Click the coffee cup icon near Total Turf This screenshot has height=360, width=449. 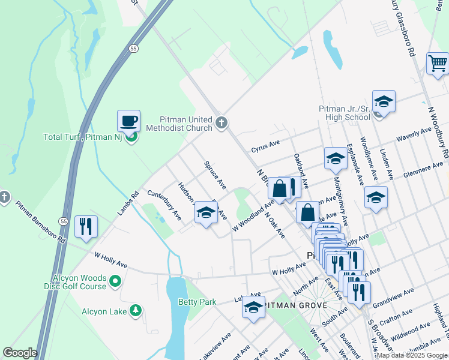(x=128, y=121)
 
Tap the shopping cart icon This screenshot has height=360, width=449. (x=438, y=63)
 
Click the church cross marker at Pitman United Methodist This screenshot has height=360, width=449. (x=221, y=124)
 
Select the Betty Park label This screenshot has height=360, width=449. (x=196, y=302)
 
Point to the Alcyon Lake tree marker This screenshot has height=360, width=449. (x=137, y=310)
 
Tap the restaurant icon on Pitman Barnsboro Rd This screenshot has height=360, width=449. (x=86, y=226)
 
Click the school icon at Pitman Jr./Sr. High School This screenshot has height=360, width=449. (x=384, y=101)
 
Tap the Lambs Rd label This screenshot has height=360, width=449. (x=127, y=203)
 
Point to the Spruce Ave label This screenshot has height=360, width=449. (x=215, y=173)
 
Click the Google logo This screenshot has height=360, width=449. (x=20, y=353)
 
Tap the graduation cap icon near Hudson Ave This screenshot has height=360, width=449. (x=206, y=213)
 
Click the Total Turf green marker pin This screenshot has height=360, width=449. (x=132, y=137)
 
